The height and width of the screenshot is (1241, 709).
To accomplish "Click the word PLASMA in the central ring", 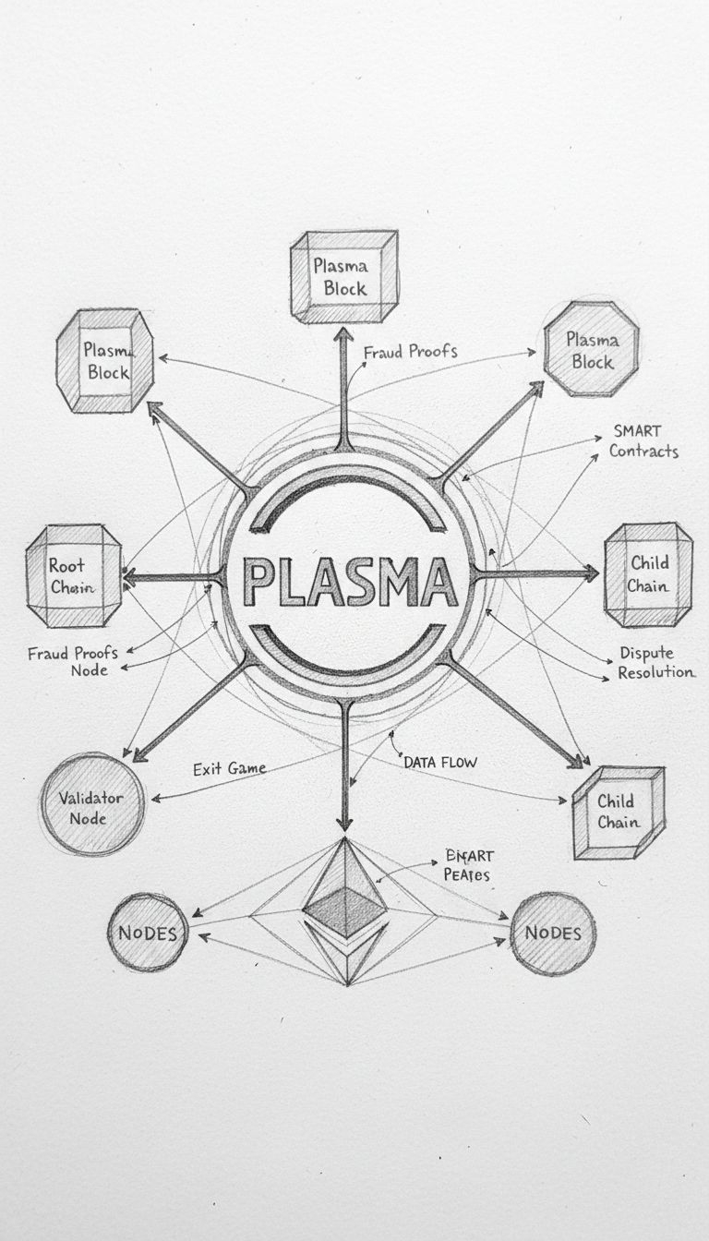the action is pos(351,581).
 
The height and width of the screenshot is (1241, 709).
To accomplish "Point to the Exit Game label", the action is pos(230,768).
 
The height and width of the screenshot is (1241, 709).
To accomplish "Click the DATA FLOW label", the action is pos(439,763).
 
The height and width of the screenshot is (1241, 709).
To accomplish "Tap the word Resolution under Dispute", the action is pos(655,672).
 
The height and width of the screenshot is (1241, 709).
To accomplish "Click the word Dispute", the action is pos(646,653).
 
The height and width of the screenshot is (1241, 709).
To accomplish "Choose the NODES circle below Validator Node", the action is pos(147,933).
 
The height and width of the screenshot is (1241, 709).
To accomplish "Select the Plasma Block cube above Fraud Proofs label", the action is pos(345,276).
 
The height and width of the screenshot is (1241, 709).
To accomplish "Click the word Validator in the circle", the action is pos(93,797).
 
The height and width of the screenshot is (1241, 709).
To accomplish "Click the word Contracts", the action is pos(643,451).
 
